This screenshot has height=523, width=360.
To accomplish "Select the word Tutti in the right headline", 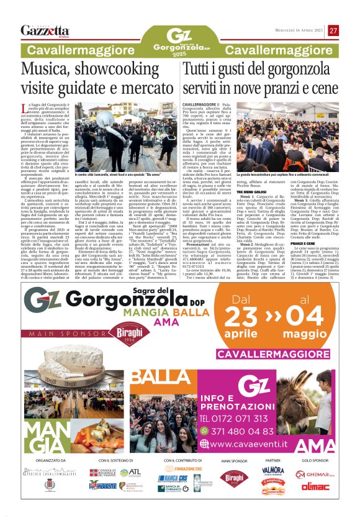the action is pyautogui.click(x=202, y=71).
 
